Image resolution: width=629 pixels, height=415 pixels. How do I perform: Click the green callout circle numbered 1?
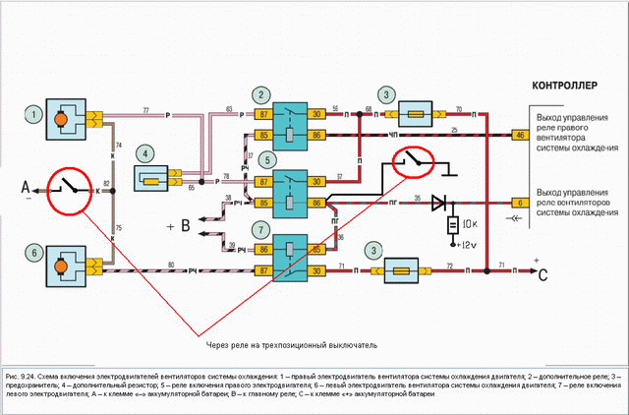pos(35,116)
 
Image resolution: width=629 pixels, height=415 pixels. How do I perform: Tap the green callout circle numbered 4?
pos(145,152)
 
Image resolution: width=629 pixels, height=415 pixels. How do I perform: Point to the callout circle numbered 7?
pos(260,230)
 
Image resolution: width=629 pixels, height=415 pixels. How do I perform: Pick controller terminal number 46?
pos(521,137)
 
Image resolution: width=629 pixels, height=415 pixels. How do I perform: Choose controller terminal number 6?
pos(521,203)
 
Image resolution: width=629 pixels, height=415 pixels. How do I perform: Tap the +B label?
pos(177,227)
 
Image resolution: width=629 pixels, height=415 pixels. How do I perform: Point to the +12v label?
pos(470,243)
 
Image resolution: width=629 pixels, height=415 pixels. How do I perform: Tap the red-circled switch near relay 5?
pos(413,162)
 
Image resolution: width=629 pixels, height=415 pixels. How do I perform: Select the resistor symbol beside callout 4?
pos(154,180)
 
